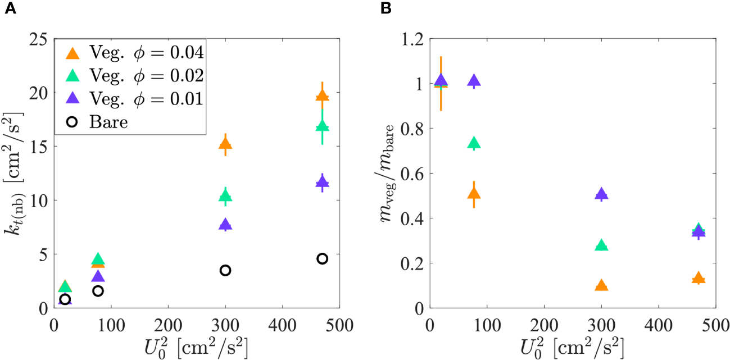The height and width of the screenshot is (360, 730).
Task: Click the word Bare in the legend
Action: point(109,122)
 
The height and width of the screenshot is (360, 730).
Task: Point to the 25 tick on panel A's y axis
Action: point(41,39)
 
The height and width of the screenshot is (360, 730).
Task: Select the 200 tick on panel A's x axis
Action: point(168,325)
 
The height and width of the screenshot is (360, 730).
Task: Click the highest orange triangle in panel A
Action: point(322,96)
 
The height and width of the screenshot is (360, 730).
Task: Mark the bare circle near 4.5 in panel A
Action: point(322,259)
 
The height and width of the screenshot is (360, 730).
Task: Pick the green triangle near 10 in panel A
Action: point(225,195)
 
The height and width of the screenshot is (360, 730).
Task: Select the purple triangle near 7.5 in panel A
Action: point(225,225)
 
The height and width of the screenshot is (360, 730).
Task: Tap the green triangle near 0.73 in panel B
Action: point(474,143)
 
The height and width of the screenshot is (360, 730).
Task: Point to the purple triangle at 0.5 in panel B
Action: point(601,194)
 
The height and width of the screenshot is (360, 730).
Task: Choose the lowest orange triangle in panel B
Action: point(601,285)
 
